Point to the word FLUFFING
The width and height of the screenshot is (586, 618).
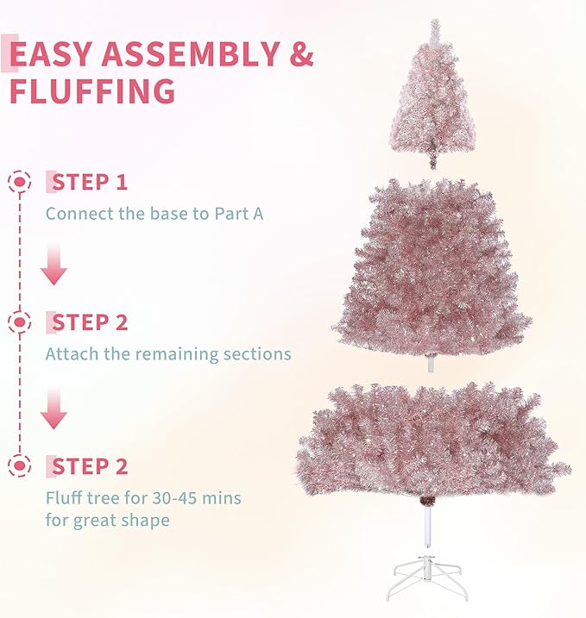(x=92, y=91)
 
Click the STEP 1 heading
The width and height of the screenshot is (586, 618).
(x=90, y=182)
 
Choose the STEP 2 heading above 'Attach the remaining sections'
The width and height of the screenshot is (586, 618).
(x=90, y=323)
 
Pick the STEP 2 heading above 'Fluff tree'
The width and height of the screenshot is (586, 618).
(x=90, y=466)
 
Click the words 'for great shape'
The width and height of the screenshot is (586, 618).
(x=107, y=521)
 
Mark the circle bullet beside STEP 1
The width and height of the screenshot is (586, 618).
(x=18, y=182)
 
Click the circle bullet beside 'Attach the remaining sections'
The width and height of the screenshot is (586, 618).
(x=18, y=323)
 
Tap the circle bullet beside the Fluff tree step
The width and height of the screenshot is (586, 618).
(x=18, y=466)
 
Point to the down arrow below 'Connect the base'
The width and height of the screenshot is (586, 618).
(x=54, y=265)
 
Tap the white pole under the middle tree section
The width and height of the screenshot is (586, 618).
(x=430, y=363)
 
